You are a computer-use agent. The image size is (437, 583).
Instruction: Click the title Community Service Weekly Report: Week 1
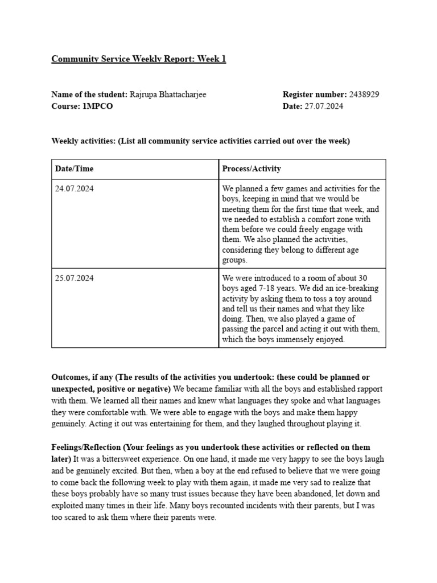(139, 59)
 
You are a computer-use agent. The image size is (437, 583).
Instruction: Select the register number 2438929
(364, 95)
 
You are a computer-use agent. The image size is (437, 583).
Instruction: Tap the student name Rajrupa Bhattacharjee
(168, 95)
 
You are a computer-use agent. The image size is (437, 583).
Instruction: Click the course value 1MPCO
(97, 106)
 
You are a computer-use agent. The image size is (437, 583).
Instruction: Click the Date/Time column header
(75, 169)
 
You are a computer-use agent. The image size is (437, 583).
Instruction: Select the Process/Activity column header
(252, 169)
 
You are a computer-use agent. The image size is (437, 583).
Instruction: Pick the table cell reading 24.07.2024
(75, 188)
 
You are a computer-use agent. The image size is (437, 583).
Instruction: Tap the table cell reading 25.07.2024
(75, 278)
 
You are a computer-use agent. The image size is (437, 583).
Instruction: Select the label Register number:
(314, 95)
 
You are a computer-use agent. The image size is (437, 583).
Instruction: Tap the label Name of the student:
(89, 95)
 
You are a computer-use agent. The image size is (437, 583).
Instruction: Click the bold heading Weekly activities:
(84, 141)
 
